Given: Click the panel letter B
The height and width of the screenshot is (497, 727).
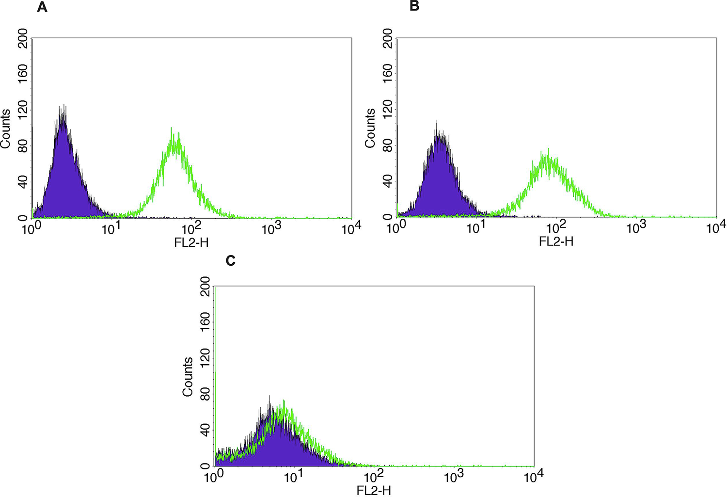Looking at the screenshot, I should [x=414, y=7].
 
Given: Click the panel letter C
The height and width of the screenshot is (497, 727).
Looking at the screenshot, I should [x=231, y=261].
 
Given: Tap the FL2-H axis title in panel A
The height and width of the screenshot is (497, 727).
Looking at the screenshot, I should [x=191, y=242].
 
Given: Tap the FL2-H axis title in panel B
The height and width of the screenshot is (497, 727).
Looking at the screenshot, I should [x=556, y=241].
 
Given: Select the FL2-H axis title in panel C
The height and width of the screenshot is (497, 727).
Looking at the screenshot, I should [x=374, y=490].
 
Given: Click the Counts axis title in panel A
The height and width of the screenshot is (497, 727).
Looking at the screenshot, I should [x=6, y=129].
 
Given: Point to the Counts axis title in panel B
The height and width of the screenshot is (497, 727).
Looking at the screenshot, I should [x=370, y=128].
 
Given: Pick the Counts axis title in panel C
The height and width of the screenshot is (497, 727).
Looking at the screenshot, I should [x=188, y=377].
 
